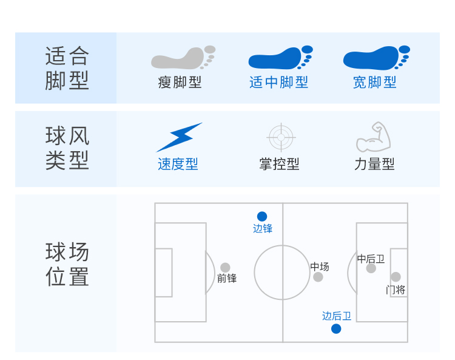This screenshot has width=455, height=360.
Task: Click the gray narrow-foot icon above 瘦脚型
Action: [183, 58]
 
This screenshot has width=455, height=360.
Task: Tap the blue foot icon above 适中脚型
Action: [280, 58]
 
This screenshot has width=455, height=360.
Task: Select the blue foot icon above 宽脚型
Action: [376, 58]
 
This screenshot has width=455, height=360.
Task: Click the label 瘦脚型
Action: [180, 83]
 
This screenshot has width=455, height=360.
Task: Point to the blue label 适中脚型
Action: [278, 83]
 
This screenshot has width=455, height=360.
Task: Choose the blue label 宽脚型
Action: [375, 83]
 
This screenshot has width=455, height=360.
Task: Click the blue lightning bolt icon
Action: [180, 137]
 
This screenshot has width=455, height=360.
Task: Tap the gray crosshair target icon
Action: [281, 137]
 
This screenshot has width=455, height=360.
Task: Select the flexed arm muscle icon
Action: [374, 137]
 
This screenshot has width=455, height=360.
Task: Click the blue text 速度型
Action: [178, 164]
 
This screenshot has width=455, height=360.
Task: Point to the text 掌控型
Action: [279, 164]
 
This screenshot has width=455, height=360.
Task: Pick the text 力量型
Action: [374, 164]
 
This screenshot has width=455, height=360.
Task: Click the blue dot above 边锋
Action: [262, 216]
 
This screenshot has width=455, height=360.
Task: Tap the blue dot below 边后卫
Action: [336, 329]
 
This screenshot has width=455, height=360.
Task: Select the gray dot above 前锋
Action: [225, 267]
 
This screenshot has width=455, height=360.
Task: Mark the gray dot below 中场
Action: [318, 277]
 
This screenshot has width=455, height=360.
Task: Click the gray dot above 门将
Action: [396, 277]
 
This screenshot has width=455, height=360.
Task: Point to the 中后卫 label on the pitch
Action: [371, 259]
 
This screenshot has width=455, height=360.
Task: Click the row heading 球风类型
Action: [67, 148]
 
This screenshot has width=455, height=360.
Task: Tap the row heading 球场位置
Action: [67, 264]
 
